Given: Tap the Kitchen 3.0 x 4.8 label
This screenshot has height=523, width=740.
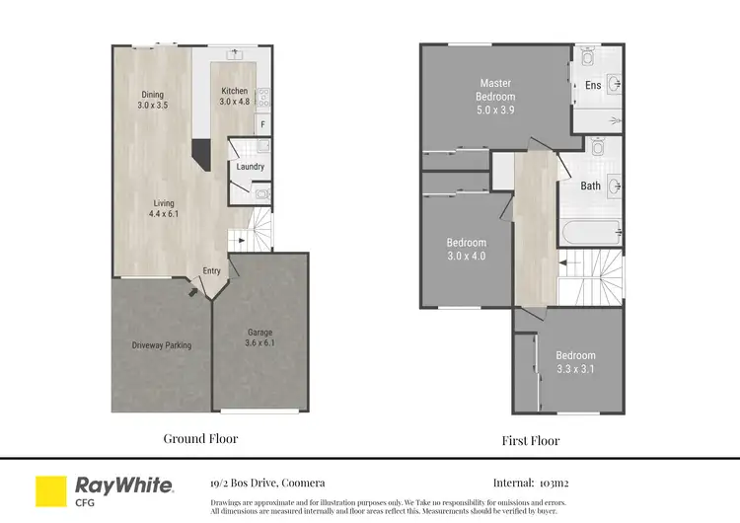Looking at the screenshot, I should point(235,95).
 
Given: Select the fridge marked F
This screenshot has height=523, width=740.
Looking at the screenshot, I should point(261,124).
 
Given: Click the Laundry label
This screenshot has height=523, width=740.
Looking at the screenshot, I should point(250,167).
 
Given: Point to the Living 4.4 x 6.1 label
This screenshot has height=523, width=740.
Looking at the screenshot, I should point(163,209).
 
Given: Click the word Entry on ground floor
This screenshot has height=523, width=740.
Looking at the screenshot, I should point(212,271).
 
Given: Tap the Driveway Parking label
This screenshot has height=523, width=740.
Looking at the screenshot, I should point(162,345).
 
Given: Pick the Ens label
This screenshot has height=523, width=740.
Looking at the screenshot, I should point(593,86).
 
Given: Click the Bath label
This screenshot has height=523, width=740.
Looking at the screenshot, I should point(590,186).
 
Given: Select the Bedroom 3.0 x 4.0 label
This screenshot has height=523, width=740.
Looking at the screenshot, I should point(466,249).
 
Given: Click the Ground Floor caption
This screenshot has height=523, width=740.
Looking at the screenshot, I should point(200,438).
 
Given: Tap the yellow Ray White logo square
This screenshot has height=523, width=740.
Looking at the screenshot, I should point(50,490).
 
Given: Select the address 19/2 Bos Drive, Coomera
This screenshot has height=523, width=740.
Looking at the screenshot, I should point(266,484).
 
